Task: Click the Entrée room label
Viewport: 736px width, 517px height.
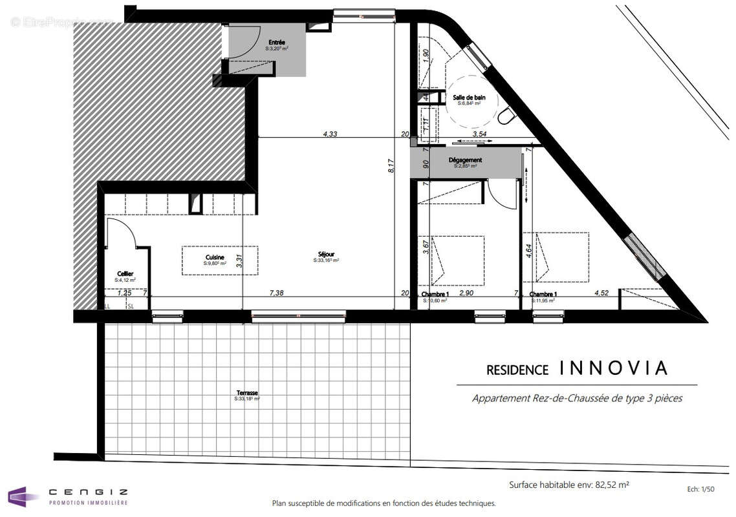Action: tap(276, 42)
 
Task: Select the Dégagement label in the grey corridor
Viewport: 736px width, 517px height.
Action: tap(465, 160)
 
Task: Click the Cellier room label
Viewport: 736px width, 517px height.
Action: tap(125, 273)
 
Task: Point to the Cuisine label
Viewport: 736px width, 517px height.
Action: tap(215, 257)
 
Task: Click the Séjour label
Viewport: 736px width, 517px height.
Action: tap(326, 254)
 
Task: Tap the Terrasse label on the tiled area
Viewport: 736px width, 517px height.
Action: tap(246, 393)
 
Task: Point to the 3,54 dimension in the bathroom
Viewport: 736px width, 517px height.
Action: tap(480, 134)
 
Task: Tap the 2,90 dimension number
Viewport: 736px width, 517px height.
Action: tap(467, 293)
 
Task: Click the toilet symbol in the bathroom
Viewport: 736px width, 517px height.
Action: tap(506, 116)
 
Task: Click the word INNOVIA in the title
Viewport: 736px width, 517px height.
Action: tap(612, 368)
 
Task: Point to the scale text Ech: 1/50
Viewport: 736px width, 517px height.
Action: tap(702, 490)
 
